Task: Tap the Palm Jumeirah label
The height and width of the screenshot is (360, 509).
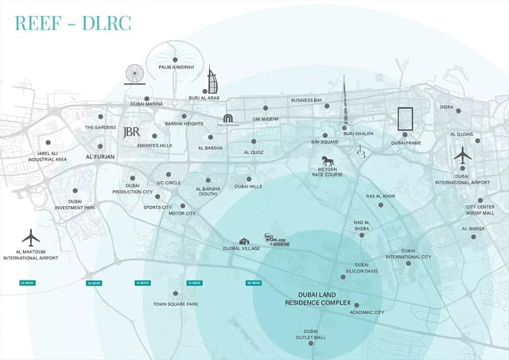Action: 177,67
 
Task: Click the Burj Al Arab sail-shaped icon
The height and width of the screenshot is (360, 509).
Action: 212,81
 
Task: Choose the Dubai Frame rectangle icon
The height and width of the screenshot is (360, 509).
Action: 406,120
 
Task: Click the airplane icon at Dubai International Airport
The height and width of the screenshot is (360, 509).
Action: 463,155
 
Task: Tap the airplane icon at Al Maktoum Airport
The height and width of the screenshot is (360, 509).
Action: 31,237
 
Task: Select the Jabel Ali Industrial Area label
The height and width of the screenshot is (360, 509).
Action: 47,157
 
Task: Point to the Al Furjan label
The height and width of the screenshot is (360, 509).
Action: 100,157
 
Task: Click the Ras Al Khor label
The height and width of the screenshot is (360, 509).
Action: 380,195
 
